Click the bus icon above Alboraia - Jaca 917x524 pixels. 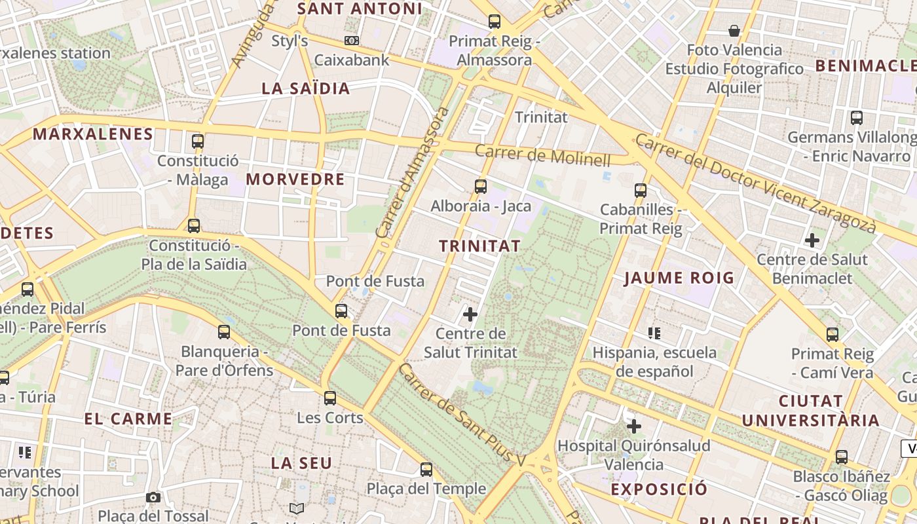tap(481, 187)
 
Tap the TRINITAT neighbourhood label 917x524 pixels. tap(480, 246)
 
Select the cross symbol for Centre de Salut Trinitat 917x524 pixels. tap(470, 314)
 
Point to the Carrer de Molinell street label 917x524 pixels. tap(542, 155)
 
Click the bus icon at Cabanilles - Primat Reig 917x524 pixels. tap(641, 191)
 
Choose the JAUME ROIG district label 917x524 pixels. tap(679, 278)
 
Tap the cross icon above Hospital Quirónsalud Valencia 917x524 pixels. tap(634, 427)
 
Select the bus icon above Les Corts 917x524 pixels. tap(330, 398)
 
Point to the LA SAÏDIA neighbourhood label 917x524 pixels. tap(306, 88)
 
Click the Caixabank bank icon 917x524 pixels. tap(352, 41)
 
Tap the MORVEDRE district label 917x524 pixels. tap(295, 179)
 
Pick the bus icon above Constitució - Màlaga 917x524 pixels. tap(198, 141)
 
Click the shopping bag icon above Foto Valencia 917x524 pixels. tap(734, 31)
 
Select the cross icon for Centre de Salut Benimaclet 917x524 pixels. tap(812, 240)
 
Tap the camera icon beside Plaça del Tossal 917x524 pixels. tap(153, 498)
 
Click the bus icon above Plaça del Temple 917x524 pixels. tap(426, 469)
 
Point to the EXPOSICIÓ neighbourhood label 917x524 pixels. tap(660, 489)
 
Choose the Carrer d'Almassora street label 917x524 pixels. tap(413, 173)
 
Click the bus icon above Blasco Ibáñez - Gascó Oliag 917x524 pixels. tap(842, 457)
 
